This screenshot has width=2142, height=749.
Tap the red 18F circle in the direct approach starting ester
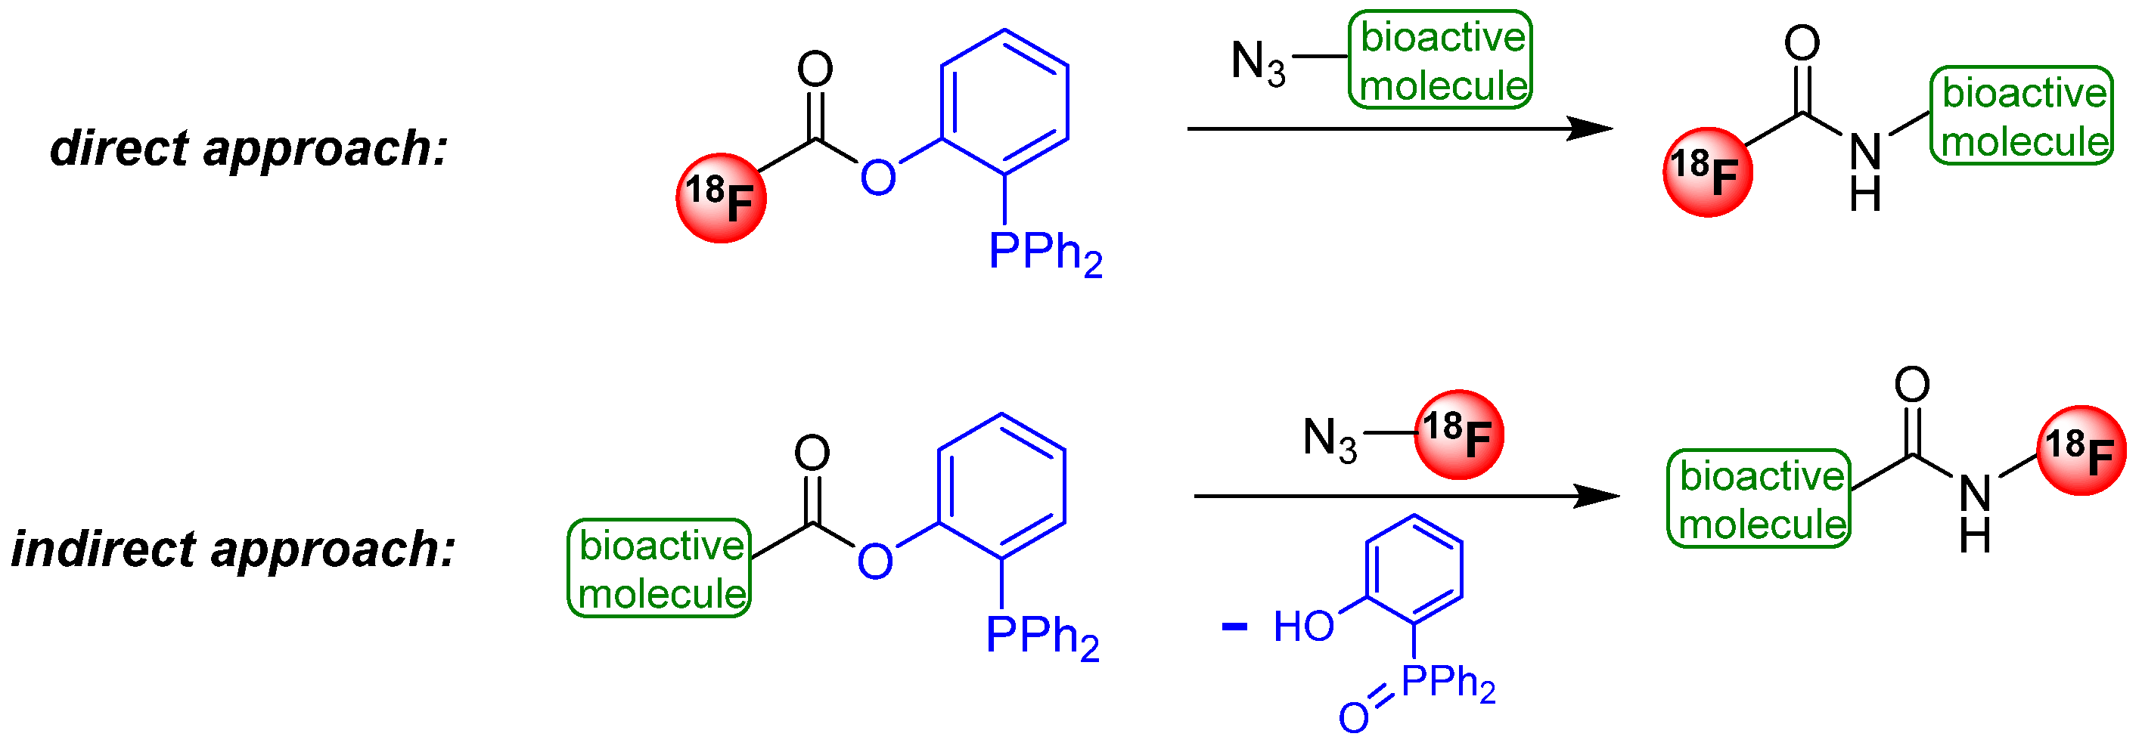tap(720, 198)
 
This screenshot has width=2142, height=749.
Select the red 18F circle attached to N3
tap(1458, 434)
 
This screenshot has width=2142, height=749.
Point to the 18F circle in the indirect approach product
tap(2081, 450)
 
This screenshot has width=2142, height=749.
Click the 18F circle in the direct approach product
tap(1707, 172)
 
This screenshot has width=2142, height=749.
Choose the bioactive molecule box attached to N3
tap(1440, 60)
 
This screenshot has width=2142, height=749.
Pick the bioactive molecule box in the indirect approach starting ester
tap(660, 568)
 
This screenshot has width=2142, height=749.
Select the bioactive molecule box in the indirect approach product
tap(1759, 499)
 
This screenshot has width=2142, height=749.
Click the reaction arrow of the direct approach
tap(1397, 128)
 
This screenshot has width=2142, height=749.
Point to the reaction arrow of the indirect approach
tap(1405, 497)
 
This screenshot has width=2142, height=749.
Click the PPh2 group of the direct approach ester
tap(1045, 252)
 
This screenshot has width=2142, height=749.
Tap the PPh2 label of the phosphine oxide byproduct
tap(1448, 683)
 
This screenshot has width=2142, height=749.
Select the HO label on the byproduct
tap(1303, 627)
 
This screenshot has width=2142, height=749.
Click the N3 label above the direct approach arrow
tap(1257, 61)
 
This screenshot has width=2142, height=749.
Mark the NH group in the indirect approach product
tap(1975, 513)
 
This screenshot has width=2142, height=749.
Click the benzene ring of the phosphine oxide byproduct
tap(1414, 569)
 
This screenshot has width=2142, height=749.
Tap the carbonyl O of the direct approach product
tap(1802, 43)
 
